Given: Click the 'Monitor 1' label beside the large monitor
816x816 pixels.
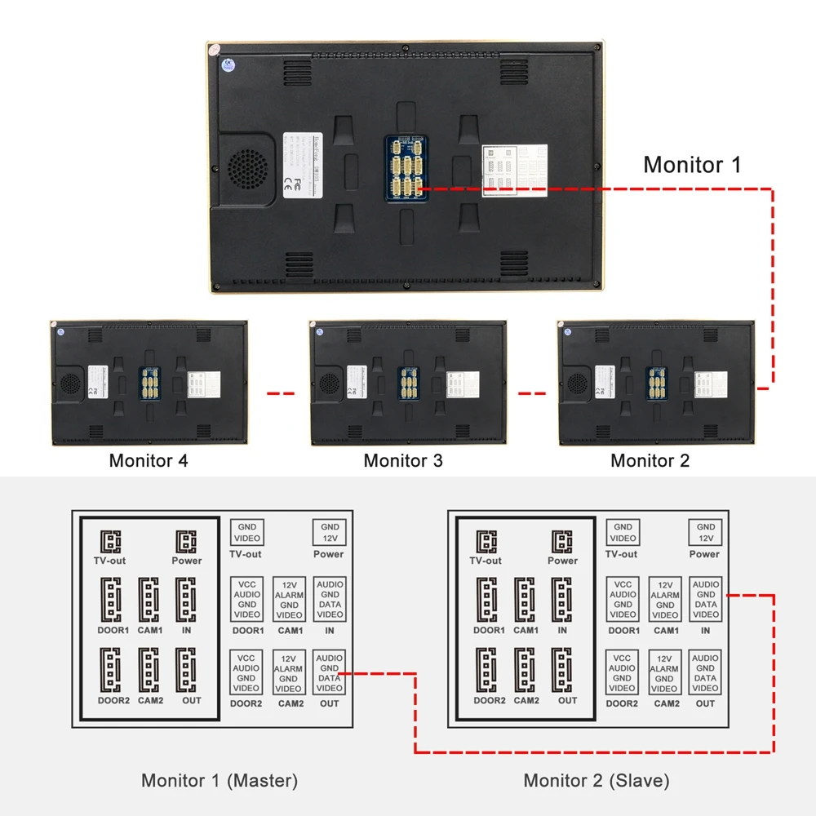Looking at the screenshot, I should click(692, 164).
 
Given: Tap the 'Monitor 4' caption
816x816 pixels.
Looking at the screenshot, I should click(149, 460).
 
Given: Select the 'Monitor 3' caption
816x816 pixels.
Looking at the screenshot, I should click(403, 460).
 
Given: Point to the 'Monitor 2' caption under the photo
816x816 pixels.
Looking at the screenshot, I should click(650, 460).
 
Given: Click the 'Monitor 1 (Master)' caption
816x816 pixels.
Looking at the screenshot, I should click(220, 780).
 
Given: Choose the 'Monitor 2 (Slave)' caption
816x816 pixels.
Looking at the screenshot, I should click(596, 780).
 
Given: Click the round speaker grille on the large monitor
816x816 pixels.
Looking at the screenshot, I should click(246, 168).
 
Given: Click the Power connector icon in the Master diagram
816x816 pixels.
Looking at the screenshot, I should click(187, 542).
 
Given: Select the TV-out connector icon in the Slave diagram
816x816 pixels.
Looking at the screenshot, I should click(486, 542).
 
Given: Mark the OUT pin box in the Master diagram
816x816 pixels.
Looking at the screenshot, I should click(330, 672).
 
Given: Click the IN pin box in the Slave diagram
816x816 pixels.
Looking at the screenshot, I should click(706, 600).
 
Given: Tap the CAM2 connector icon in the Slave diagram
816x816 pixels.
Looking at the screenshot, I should click(526, 670).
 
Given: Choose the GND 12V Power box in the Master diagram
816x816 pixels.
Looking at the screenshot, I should click(330, 533).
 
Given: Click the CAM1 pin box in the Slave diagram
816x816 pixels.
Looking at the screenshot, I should click(665, 600).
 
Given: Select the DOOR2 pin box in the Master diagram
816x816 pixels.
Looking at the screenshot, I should click(246, 672).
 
